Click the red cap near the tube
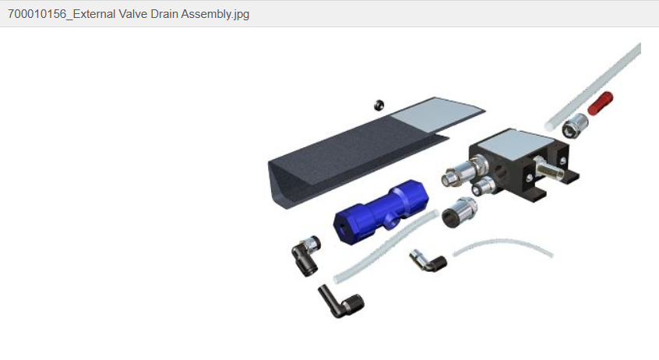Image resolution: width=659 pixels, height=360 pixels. click(600, 103)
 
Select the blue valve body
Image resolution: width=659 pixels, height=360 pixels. click(381, 210)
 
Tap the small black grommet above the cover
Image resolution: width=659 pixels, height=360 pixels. click(379, 104)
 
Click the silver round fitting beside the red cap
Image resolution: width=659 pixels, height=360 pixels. click(575, 125)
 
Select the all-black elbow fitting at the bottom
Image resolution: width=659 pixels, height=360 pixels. click(340, 301)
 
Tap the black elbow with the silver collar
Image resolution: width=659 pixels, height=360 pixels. click(305, 255)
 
